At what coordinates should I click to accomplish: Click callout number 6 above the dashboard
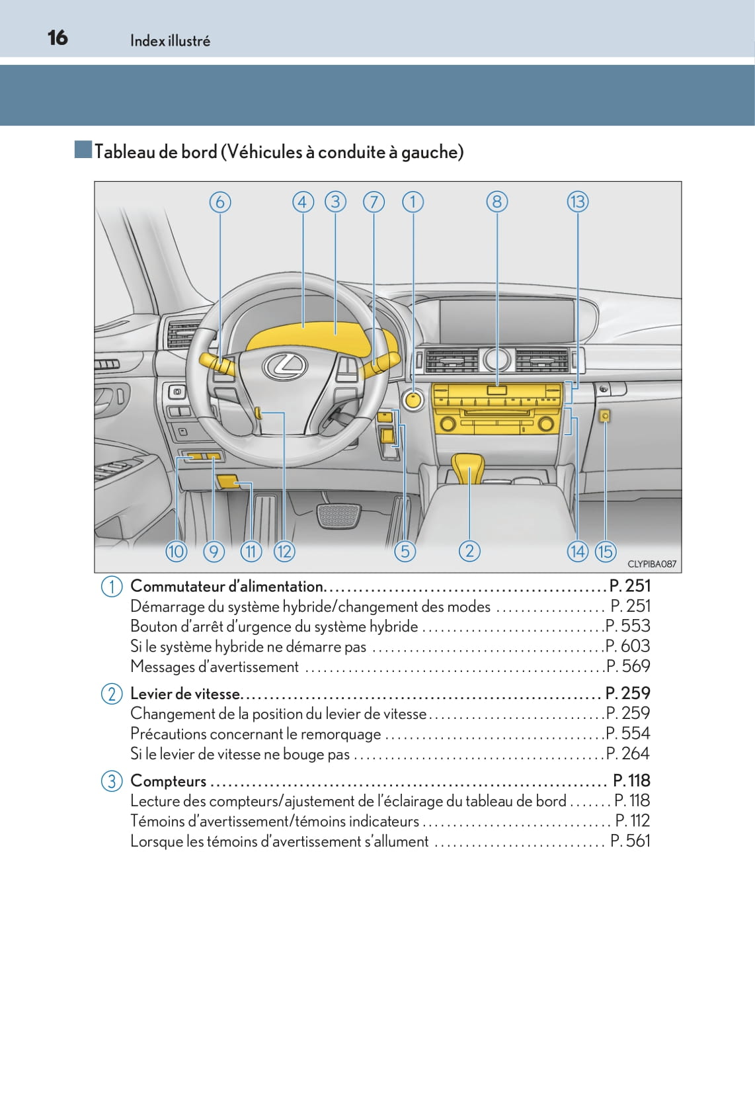220,202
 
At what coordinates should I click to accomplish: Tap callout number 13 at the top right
577,202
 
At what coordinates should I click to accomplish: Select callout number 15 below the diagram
605,551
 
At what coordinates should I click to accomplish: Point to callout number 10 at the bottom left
176,551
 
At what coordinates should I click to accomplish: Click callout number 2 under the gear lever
469,551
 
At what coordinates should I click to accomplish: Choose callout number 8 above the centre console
497,202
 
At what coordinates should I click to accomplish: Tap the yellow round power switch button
413,400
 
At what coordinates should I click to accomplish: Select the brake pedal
338,515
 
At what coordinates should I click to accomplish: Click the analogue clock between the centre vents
497,360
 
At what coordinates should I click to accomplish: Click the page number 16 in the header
58,38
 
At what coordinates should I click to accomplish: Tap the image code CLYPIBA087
651,564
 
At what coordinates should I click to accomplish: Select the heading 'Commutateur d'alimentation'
227,586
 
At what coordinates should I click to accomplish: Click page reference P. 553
628,626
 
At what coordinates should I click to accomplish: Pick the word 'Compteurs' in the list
169,781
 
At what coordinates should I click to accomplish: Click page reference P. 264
628,753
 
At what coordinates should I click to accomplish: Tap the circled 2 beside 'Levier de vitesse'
112,694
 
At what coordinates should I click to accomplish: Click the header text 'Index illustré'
170,41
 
